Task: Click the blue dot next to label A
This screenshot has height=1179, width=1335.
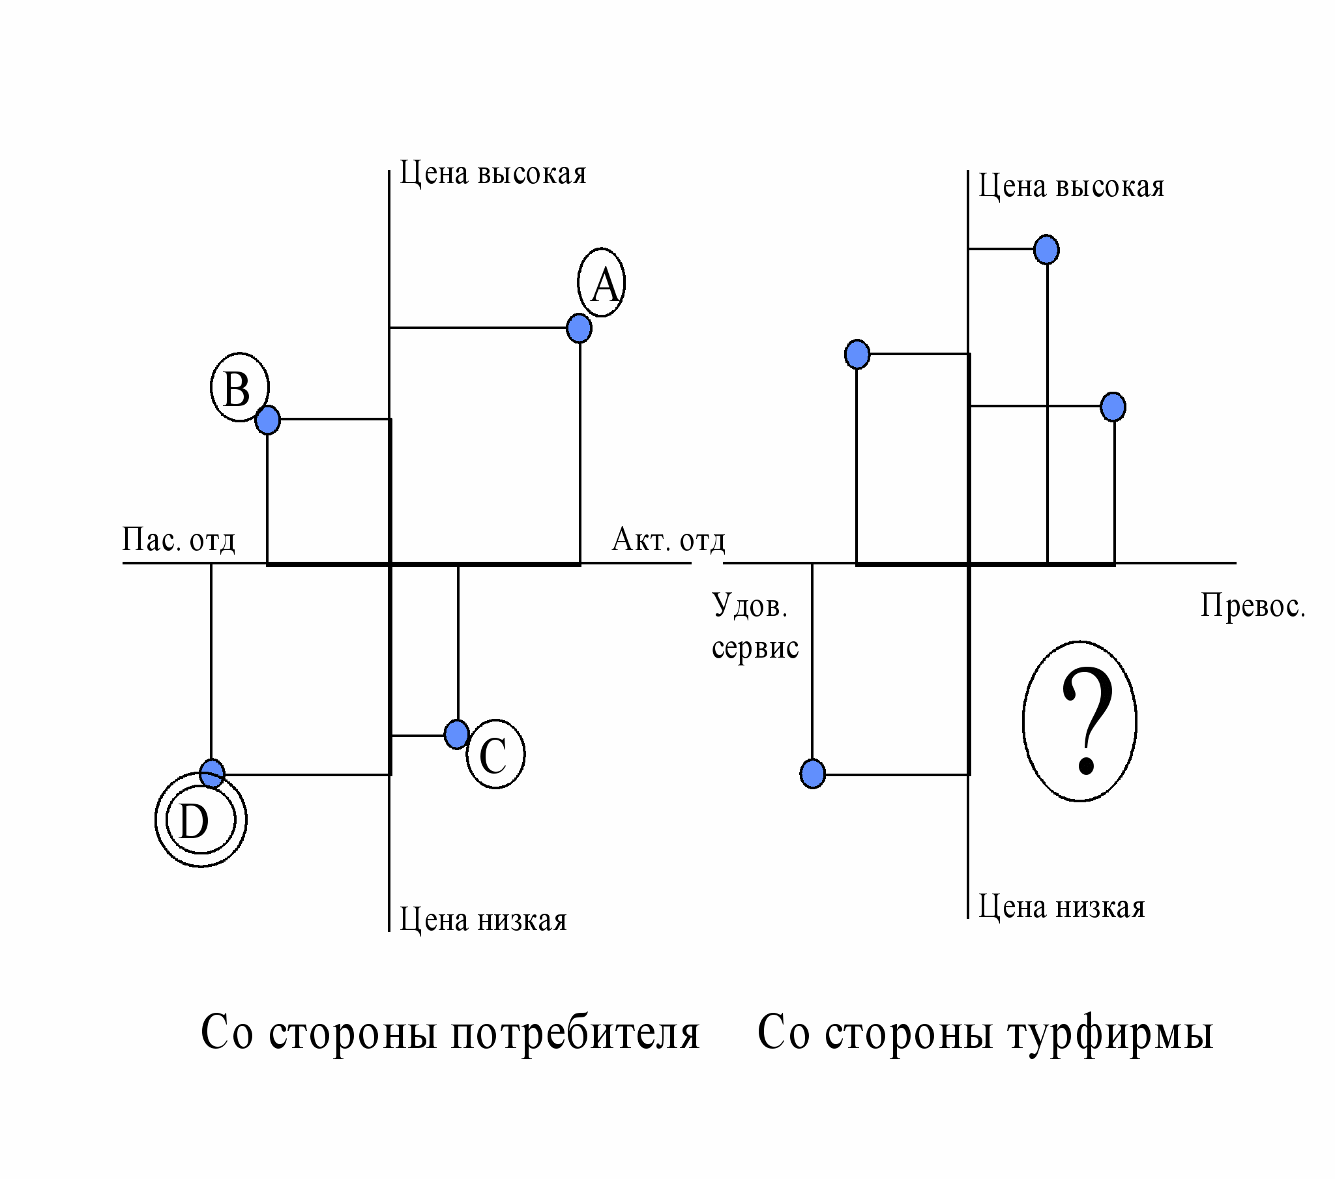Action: pyautogui.click(x=579, y=328)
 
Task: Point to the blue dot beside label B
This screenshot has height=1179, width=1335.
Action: pyautogui.click(x=267, y=419)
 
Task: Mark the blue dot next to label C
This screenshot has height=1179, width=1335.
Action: pyautogui.click(x=456, y=734)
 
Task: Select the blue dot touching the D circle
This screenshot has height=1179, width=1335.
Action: pyautogui.click(x=212, y=774)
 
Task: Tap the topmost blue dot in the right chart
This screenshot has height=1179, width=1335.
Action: pyautogui.click(x=1046, y=250)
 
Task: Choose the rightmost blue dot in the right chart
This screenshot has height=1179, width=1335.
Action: pyautogui.click(x=1113, y=407)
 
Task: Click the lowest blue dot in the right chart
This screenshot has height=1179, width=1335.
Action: pyautogui.click(x=812, y=774)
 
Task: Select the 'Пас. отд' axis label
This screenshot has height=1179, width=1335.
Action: pyautogui.click(x=179, y=541)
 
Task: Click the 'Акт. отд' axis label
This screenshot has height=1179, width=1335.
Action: pyautogui.click(x=668, y=541)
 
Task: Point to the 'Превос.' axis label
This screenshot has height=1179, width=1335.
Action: pyautogui.click(x=1253, y=606)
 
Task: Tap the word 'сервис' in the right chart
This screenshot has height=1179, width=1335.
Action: pyautogui.click(x=755, y=647)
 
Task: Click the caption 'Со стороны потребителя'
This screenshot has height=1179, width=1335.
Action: pyautogui.click(x=450, y=1033)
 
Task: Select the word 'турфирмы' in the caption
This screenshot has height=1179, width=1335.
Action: pyautogui.click(x=1110, y=1033)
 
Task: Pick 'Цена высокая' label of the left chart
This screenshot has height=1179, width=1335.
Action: pyautogui.click(x=492, y=174)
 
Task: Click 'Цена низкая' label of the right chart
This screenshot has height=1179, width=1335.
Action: pyautogui.click(x=1061, y=907)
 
